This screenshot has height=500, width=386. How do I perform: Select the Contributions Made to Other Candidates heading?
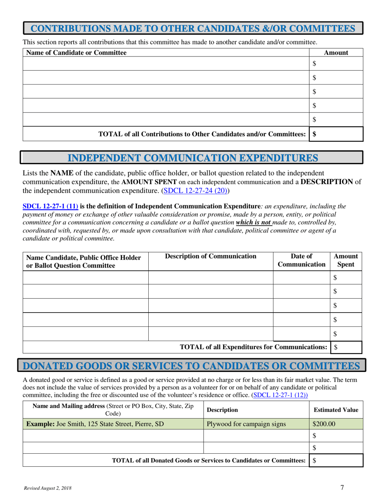[x=193, y=29]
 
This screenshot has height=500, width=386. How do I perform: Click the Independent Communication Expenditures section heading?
[x=192, y=158]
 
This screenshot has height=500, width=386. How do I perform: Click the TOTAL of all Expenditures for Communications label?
[x=254, y=347]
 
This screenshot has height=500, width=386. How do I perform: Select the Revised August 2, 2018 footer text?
[x=46, y=487]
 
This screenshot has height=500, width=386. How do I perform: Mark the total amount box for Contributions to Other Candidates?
[x=336, y=133]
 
